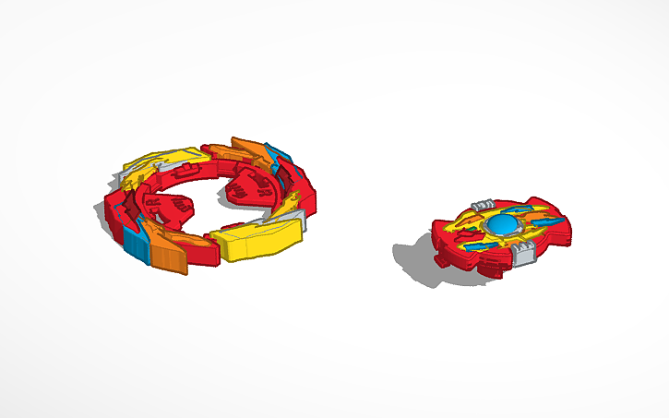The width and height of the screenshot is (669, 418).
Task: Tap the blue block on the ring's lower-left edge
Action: [x=136, y=245]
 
